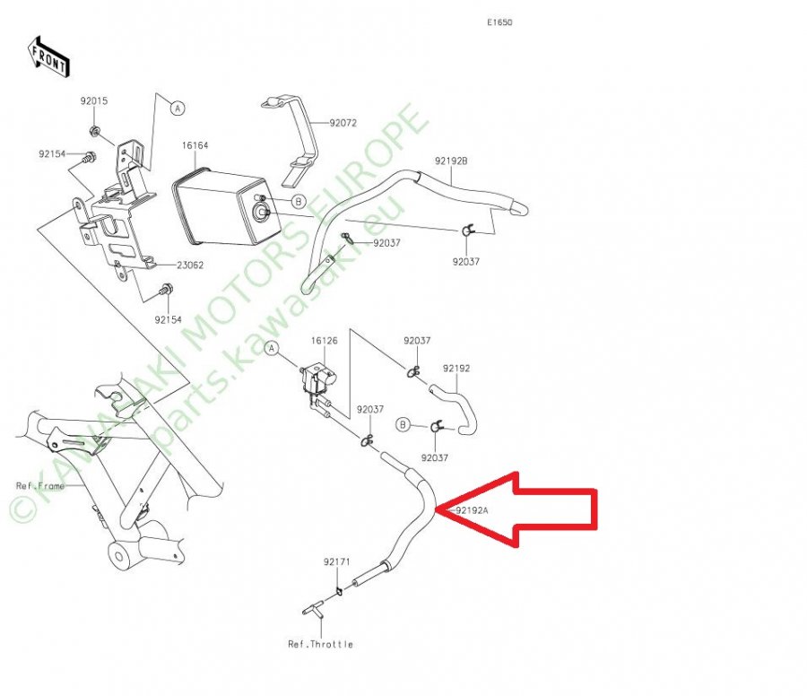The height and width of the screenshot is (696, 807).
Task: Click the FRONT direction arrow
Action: (48, 57)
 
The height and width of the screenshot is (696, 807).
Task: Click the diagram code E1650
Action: (499, 22)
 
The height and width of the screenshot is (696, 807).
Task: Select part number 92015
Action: (93, 100)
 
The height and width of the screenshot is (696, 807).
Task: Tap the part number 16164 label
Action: (195, 145)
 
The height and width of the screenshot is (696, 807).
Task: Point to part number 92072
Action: (343, 123)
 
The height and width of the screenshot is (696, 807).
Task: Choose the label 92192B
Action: (451, 161)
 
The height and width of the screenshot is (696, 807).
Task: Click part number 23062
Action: (190, 265)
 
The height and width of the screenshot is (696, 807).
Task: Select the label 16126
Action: (325, 341)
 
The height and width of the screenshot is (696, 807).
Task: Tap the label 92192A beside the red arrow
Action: (472, 510)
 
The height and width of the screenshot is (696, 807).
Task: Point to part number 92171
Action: (336, 561)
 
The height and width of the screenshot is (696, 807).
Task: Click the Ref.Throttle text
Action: (321, 644)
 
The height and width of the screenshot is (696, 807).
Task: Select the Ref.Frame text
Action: (40, 485)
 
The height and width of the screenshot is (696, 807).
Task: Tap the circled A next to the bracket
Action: (178, 109)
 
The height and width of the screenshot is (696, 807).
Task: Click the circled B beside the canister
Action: (298, 201)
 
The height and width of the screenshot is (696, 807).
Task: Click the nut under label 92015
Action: (95, 131)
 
